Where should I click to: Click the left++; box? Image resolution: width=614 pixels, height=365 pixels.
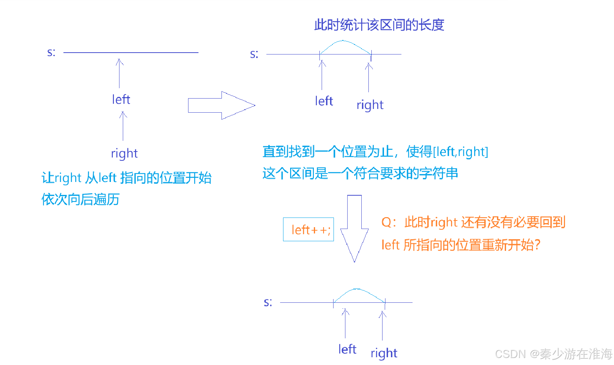[x=308, y=229]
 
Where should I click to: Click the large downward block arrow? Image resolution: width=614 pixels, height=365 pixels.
[x=354, y=228]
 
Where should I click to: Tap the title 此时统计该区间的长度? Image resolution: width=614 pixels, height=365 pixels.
[x=379, y=25]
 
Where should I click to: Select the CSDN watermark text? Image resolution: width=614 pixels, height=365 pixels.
[x=554, y=354]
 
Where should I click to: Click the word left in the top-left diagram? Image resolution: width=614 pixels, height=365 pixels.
[x=121, y=99]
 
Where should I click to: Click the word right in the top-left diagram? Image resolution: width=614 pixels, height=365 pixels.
[x=124, y=153]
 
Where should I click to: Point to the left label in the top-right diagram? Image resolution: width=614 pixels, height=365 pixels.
[x=324, y=101]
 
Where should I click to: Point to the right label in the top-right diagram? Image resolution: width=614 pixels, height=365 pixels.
[x=370, y=105]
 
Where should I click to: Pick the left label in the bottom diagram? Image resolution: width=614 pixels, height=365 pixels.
[x=347, y=349]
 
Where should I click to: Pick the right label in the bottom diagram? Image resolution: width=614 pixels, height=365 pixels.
[x=384, y=353]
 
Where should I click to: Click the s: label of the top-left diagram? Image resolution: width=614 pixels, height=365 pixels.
[x=51, y=52]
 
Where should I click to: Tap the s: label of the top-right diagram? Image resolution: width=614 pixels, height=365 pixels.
[x=254, y=54]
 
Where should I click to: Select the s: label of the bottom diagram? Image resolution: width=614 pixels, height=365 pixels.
[x=268, y=302]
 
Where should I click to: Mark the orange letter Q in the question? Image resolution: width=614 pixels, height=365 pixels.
[x=386, y=222]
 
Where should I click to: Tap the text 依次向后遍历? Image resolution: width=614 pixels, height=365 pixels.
[x=81, y=199]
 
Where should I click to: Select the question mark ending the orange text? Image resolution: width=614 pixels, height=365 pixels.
[x=537, y=245]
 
